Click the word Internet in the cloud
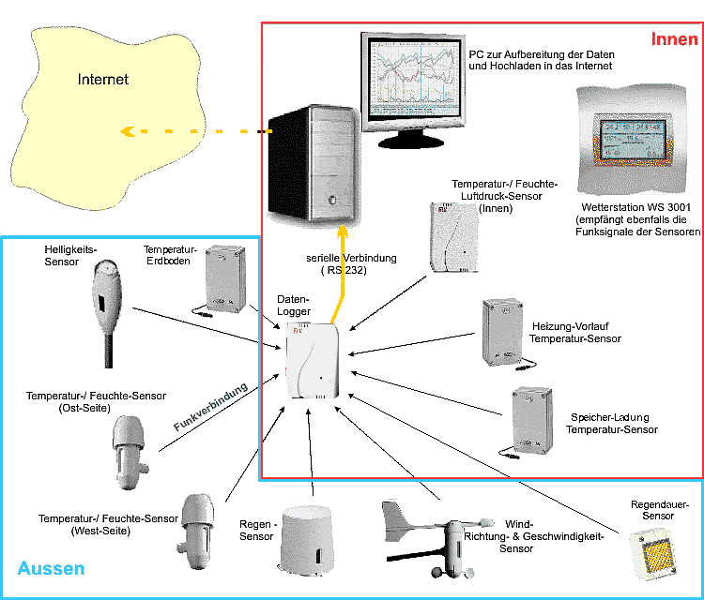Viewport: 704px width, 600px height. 102,80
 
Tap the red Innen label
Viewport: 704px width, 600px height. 674,39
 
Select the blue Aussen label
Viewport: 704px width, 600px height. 51,568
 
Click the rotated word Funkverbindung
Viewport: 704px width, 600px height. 210,407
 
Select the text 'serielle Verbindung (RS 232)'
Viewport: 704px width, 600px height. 352,263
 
